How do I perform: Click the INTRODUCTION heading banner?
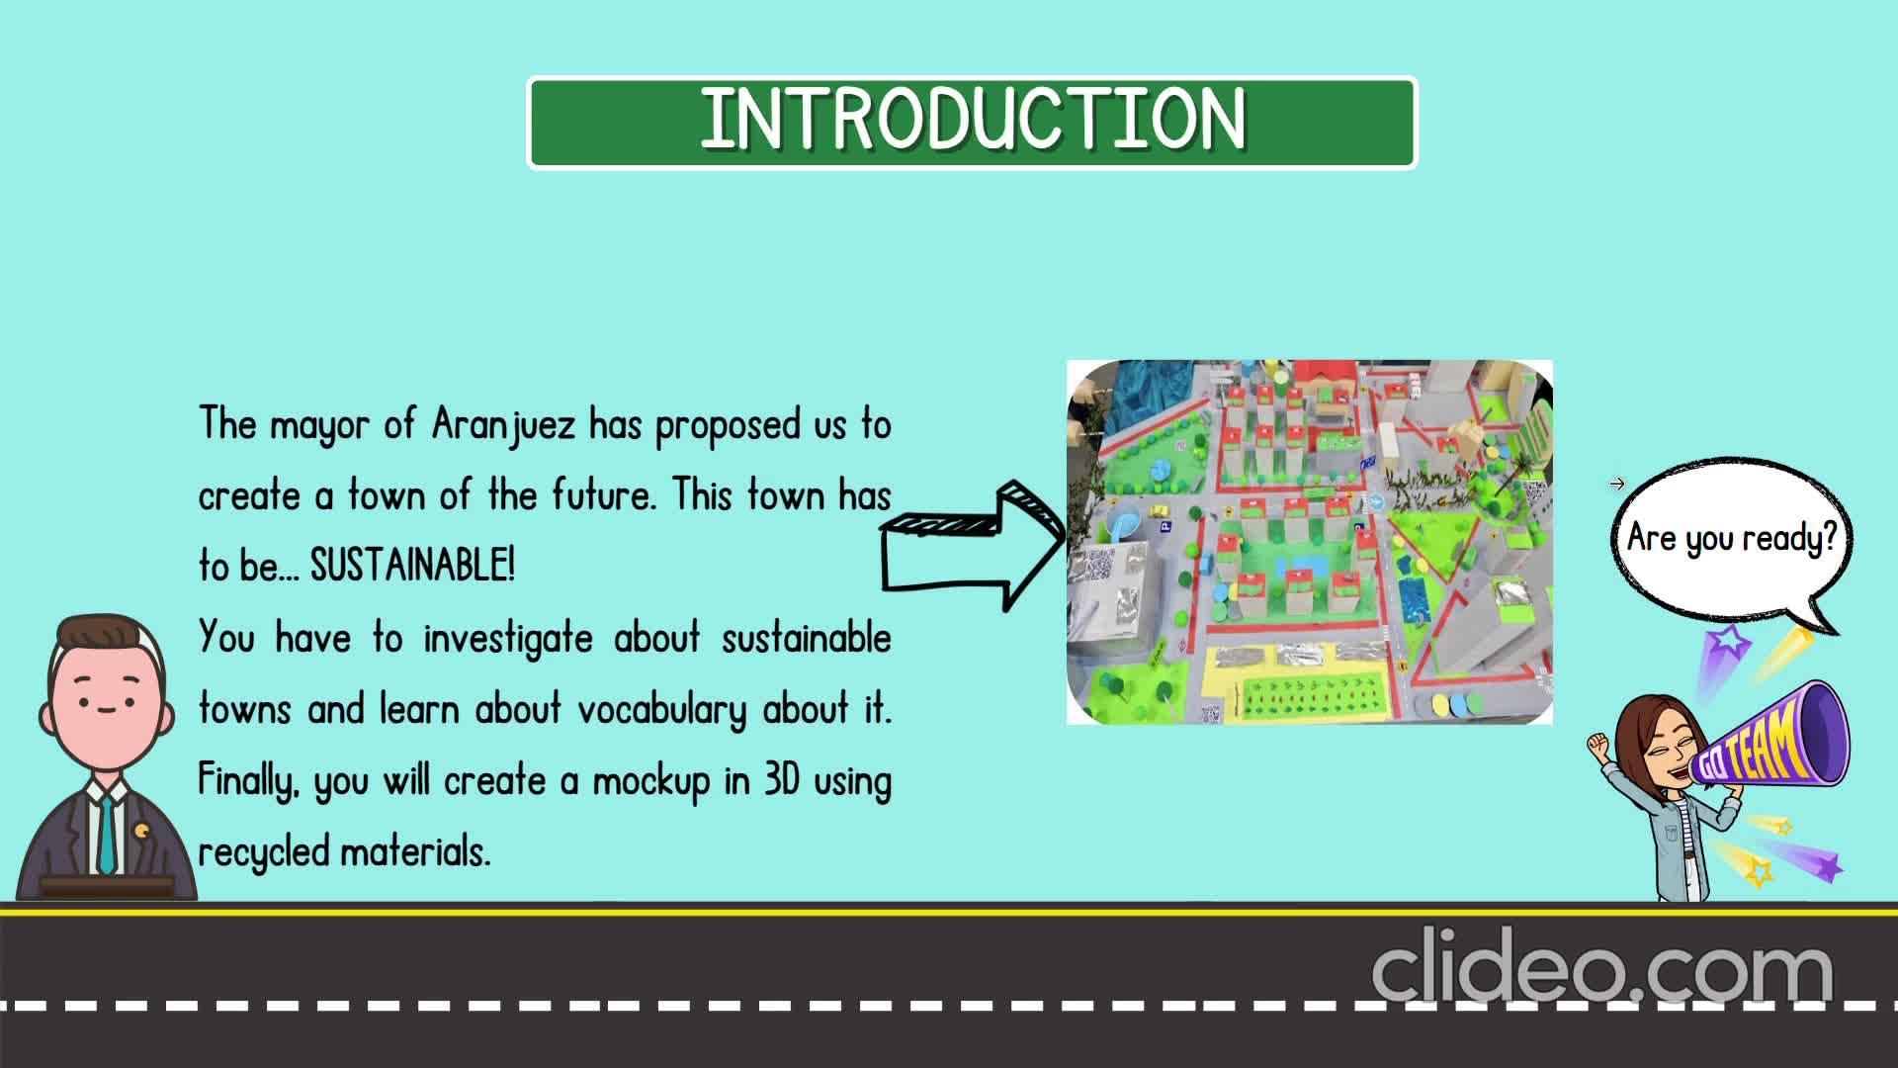(973, 123)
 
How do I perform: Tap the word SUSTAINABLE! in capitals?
(413, 566)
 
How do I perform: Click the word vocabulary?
(662, 710)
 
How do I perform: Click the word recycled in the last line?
(264, 852)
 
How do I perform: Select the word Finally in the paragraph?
(248, 781)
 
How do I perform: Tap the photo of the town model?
(1310, 542)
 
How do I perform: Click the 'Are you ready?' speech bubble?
(1731, 539)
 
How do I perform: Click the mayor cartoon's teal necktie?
(106, 835)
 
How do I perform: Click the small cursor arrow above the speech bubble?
(1617, 484)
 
